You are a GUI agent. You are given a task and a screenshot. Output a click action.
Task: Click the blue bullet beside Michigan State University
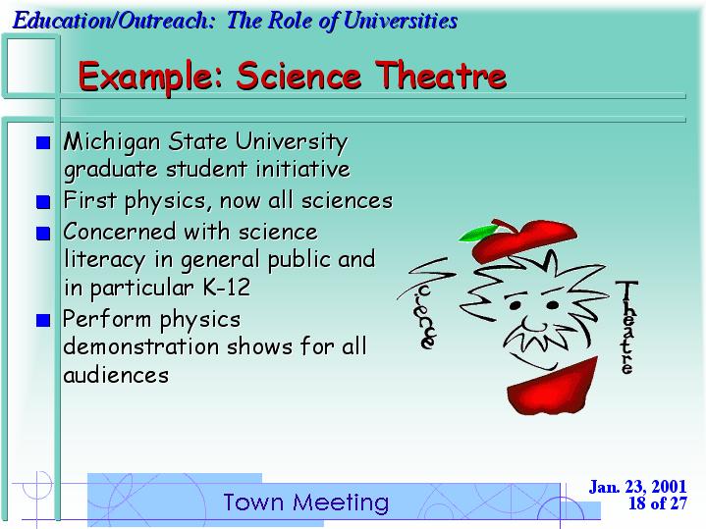point(43,143)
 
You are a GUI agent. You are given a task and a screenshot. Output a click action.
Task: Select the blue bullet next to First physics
point(43,202)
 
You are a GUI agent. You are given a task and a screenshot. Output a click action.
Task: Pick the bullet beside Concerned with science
point(43,234)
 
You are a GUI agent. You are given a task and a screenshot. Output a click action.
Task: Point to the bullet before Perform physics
point(43,321)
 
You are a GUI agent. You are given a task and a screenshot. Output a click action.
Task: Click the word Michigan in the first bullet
point(112,143)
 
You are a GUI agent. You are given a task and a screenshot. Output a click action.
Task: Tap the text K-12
point(227,288)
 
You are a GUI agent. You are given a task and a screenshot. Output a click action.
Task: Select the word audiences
point(116,375)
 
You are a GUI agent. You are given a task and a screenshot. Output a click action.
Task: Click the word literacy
point(104,261)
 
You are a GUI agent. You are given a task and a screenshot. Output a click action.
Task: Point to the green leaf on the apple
point(478,234)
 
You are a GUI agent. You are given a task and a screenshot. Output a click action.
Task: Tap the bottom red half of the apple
point(553,388)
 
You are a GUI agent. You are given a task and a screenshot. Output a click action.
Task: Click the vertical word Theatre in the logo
point(627,327)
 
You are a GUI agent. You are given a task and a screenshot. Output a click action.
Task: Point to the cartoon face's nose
point(534,322)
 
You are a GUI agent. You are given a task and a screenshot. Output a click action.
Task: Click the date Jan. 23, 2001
point(637,487)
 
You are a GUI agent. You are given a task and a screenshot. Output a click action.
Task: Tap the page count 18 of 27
point(658,503)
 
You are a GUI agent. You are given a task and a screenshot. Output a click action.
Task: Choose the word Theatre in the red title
point(441,76)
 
